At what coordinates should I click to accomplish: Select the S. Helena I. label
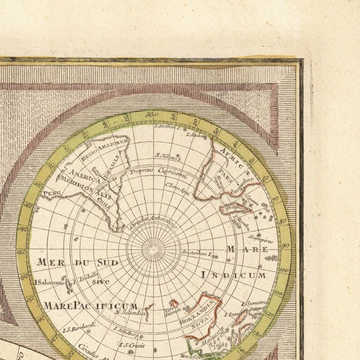click(x=168, y=157)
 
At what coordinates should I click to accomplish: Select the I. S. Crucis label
click(x=131, y=345)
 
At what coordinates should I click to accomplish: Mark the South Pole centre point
click(x=153, y=248)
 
